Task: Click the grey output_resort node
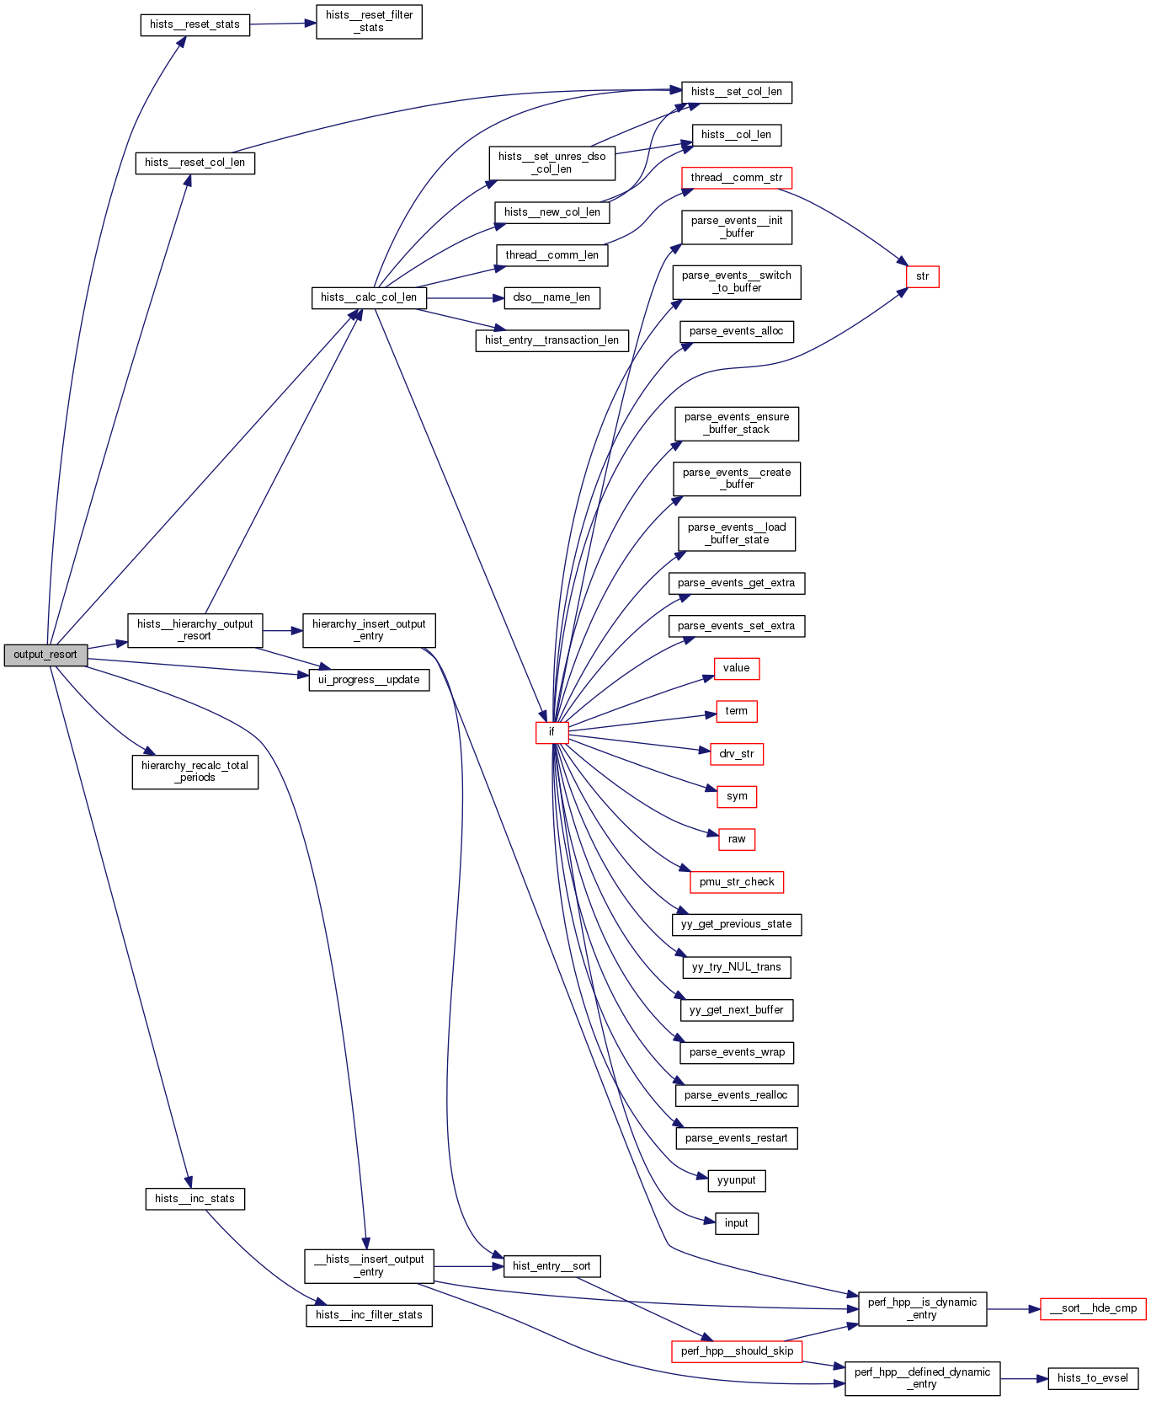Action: point(45,655)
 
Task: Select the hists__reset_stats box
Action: point(194,24)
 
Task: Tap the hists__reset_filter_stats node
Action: point(369,21)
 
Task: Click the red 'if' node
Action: point(552,732)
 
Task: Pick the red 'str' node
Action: point(922,276)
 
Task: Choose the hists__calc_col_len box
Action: point(369,297)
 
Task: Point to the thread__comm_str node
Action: point(736,178)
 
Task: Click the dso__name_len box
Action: point(552,297)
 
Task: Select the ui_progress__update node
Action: point(369,680)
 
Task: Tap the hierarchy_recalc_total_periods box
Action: point(194,771)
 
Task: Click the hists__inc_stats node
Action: point(194,1199)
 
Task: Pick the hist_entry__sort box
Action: point(552,1266)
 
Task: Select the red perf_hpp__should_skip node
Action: point(737,1351)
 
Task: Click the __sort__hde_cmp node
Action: point(1093,1308)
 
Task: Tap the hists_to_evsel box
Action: point(1092,1378)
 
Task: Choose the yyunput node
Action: point(736,1180)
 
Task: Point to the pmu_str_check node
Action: point(736,882)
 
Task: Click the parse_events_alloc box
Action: point(736,331)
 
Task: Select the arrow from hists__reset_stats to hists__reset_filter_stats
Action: point(283,24)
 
